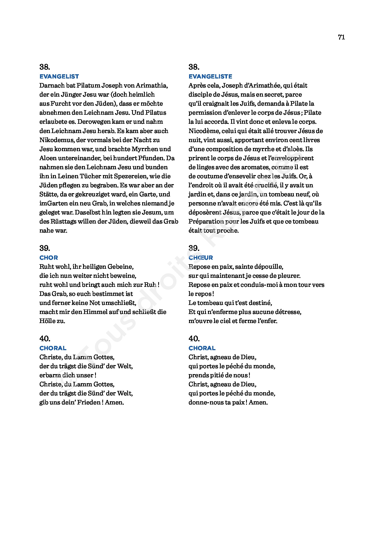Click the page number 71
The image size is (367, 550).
341,37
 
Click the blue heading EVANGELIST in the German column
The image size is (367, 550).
59,77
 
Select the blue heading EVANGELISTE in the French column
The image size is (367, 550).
210,77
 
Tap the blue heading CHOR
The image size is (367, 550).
49,258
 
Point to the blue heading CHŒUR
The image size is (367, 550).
201,258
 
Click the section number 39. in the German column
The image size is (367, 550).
45,248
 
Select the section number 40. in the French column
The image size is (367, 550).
194,339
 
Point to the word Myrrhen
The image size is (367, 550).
145,149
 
